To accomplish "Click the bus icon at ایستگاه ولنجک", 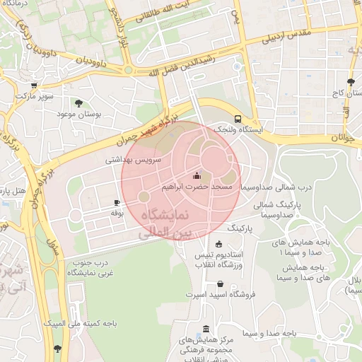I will tap(238, 119).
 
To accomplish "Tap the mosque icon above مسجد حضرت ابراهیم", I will tap(197, 176).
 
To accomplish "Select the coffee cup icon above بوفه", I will tap(117, 202).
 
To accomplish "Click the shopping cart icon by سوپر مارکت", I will tap(34, 85).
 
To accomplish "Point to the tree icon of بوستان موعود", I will tap(78, 103).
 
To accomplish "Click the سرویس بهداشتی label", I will tap(134, 160).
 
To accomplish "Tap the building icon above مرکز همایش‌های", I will tap(206, 329).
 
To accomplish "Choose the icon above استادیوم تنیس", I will tap(218, 244).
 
